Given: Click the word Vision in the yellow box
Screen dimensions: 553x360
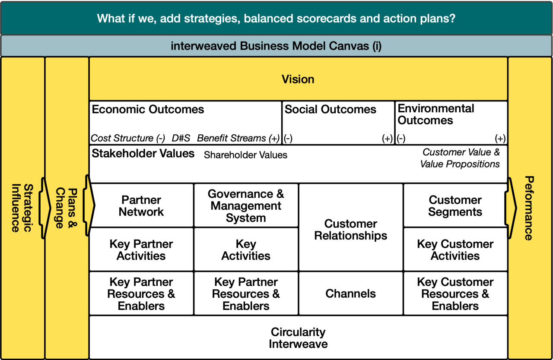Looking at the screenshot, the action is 298,79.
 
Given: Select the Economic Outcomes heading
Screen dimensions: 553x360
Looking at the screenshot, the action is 148,109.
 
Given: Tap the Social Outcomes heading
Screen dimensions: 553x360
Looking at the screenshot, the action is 331,109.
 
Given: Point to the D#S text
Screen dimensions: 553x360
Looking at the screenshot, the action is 181,138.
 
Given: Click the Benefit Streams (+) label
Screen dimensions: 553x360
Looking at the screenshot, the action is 238,138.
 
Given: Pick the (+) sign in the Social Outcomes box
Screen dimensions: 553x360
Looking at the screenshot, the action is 387,139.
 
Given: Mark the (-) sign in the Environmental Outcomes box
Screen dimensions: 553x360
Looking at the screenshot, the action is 401,139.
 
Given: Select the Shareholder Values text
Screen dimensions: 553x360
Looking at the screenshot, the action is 246,155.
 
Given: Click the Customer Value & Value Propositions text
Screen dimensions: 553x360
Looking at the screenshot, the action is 460,158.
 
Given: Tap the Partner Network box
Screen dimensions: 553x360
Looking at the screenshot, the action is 141,205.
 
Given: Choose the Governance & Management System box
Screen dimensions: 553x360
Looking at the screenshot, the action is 246,205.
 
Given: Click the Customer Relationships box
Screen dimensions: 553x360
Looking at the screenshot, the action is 350,227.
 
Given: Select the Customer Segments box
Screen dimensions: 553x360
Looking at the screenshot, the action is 455,205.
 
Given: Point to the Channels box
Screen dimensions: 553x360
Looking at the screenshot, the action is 350,294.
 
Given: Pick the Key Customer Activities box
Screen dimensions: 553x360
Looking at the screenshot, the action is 455,249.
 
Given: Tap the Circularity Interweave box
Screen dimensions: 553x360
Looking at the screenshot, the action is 298,338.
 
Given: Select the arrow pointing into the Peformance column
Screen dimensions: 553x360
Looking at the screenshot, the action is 511,208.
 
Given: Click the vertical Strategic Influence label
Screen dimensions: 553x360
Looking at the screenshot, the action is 22,208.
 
